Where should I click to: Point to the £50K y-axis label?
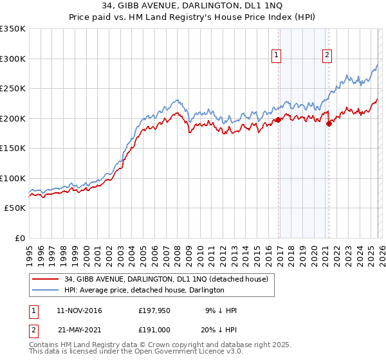pyautogui.click(x=14, y=208)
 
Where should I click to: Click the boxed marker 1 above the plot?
pyautogui.click(x=277, y=56)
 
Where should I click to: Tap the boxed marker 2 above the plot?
pyautogui.click(x=327, y=56)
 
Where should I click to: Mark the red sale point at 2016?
pyautogui.click(x=279, y=120)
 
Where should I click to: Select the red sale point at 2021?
pyautogui.click(x=329, y=124)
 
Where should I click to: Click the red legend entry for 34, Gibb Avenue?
pyautogui.click(x=170, y=278)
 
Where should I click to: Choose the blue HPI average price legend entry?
pyautogui.click(x=144, y=290)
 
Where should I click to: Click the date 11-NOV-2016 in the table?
pyautogui.click(x=79, y=310)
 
